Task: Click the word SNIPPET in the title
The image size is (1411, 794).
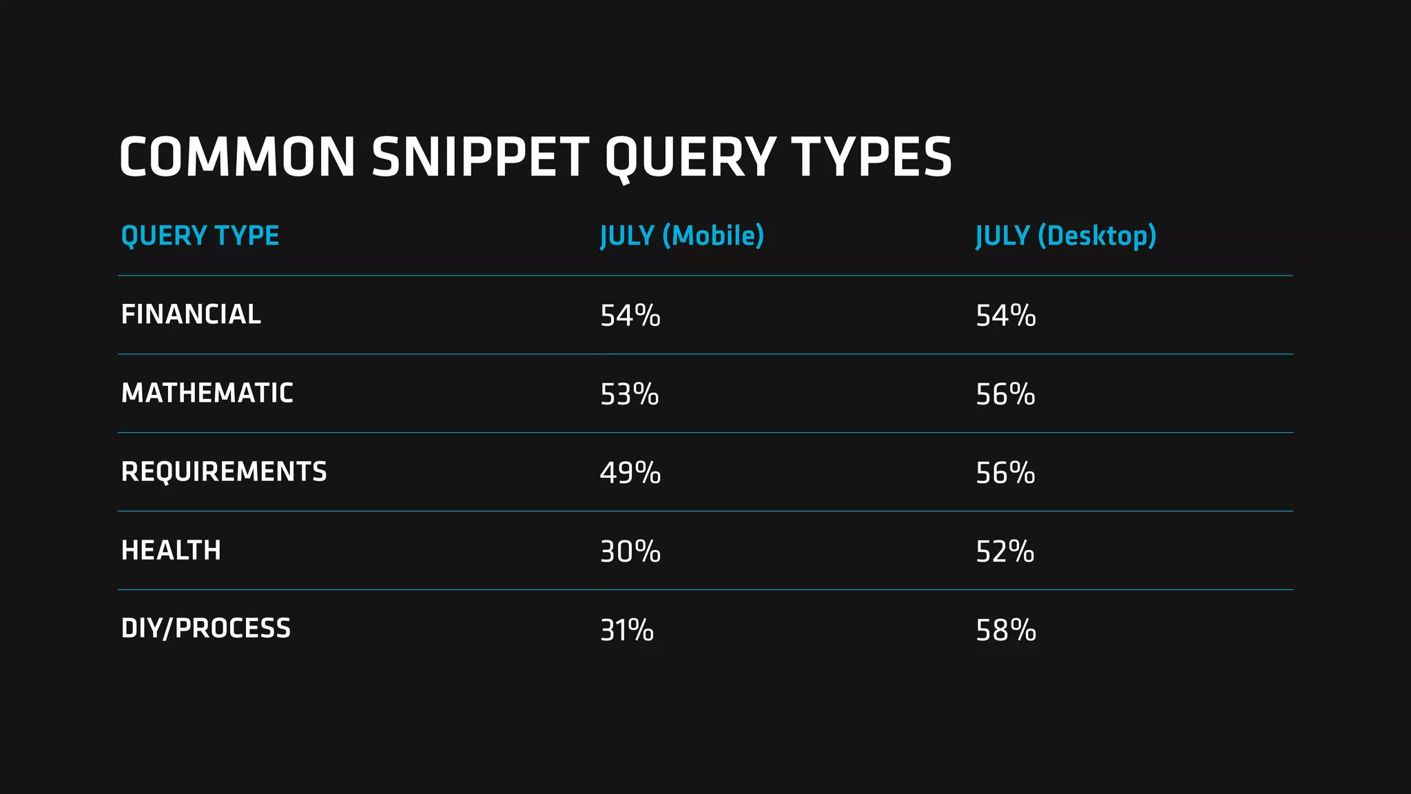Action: pyautogui.click(x=480, y=157)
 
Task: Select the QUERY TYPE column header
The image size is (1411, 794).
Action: pyautogui.click(x=200, y=236)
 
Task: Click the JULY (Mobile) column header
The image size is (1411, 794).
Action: pyautogui.click(x=682, y=236)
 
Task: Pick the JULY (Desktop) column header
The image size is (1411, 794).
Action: pyautogui.click(x=1066, y=236)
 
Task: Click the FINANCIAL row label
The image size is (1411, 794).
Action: pyautogui.click(x=191, y=314)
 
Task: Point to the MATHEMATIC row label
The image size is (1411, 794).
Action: pyautogui.click(x=207, y=393)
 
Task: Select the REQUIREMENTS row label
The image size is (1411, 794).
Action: pyautogui.click(x=224, y=471)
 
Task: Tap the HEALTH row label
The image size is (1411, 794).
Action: pyautogui.click(x=171, y=550)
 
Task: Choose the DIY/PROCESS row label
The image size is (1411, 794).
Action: pyautogui.click(x=205, y=629)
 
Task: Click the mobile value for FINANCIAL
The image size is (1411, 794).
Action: pyautogui.click(x=630, y=316)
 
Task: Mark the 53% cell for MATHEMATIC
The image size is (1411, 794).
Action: pyautogui.click(x=629, y=394)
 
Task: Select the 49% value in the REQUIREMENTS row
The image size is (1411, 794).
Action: pyautogui.click(x=630, y=473)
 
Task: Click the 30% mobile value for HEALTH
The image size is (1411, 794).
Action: pyautogui.click(x=630, y=551)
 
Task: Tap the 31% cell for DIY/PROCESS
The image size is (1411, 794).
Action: pyautogui.click(x=626, y=630)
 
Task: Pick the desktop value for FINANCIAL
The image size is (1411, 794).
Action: pyautogui.click(x=1005, y=316)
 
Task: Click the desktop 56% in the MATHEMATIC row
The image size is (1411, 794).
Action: pyautogui.click(x=1005, y=394)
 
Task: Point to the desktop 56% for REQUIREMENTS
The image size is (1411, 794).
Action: pyautogui.click(x=1005, y=473)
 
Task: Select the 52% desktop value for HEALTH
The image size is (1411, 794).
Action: pyautogui.click(x=1005, y=551)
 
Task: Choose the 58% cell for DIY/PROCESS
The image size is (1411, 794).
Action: pyautogui.click(x=1005, y=630)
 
